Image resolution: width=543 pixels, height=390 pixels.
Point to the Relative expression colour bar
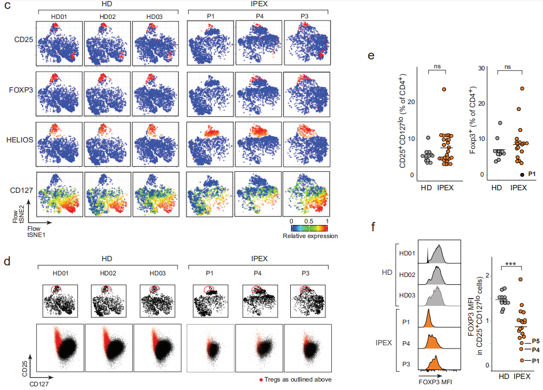tap(309, 228)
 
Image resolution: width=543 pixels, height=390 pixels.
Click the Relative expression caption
tap(310, 236)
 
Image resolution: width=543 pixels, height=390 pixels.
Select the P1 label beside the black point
tap(531, 173)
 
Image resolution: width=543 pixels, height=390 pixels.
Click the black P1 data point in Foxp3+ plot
tap(521, 174)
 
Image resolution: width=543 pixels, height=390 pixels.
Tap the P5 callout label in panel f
tap(535, 341)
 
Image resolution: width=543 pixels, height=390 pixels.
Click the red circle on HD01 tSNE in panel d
tap(55, 290)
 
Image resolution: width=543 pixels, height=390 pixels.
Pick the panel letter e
tap(371, 54)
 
